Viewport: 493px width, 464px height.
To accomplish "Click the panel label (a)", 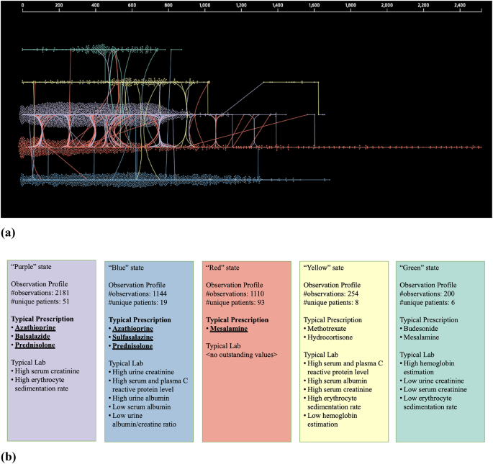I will coord(10,232).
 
